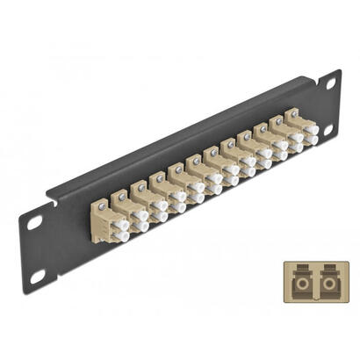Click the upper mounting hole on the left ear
point(33,223)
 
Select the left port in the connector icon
point(299,285)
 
